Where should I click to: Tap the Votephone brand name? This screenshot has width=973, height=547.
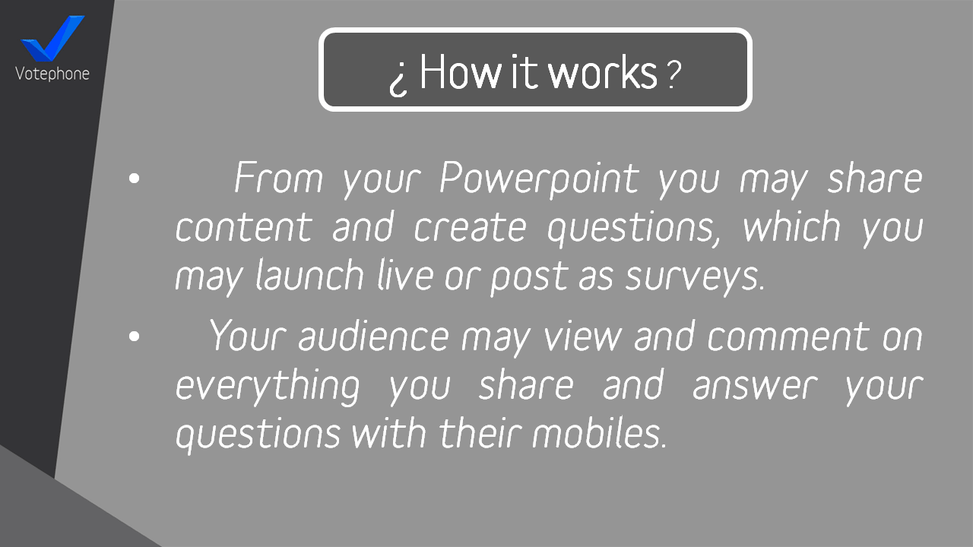pyautogui.click(x=52, y=74)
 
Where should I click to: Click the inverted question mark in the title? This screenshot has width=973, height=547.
pyautogui.click(x=398, y=81)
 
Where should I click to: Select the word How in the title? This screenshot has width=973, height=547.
pyautogui.click(x=461, y=71)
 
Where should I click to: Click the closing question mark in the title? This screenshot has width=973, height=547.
pyautogui.click(x=673, y=74)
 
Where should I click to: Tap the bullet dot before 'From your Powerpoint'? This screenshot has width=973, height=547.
pyautogui.click(x=135, y=179)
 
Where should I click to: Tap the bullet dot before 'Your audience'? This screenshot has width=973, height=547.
pyautogui.click(x=135, y=336)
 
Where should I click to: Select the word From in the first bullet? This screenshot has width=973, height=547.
pyautogui.click(x=279, y=177)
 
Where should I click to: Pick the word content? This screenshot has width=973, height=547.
pyautogui.click(x=244, y=227)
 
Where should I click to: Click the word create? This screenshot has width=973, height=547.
pyautogui.click(x=470, y=227)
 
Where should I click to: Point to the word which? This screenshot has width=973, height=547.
pyautogui.click(x=791, y=226)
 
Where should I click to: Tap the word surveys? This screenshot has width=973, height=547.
pyautogui.click(x=695, y=278)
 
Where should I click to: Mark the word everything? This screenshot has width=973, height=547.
pyautogui.click(x=268, y=387)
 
